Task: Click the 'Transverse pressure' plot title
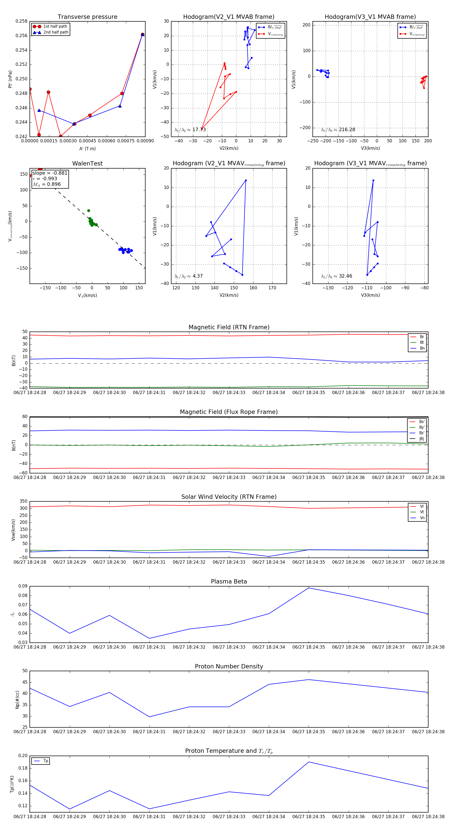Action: (87, 17)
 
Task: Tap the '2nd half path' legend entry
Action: (56, 32)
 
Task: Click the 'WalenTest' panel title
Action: (87, 163)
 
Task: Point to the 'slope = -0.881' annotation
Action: (50, 173)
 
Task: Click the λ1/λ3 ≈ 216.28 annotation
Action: (338, 130)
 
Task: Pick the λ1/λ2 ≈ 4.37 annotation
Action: (188, 276)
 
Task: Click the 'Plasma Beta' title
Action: (229, 581)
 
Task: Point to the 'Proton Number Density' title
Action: (229, 666)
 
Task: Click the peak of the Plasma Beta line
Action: (309, 588)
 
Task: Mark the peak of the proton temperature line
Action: (309, 762)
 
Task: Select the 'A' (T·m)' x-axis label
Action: (87, 148)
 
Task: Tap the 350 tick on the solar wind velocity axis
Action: (23, 501)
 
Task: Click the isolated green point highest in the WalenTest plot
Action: (89, 211)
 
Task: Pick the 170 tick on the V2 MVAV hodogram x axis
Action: (272, 288)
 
